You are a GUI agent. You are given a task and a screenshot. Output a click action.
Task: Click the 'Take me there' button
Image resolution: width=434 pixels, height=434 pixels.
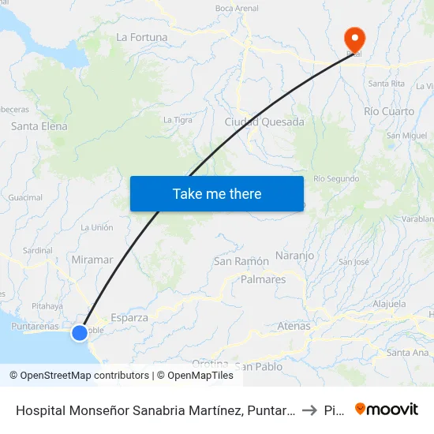tap(217, 193)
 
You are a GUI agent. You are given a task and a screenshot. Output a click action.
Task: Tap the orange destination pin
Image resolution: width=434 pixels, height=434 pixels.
tap(354, 39)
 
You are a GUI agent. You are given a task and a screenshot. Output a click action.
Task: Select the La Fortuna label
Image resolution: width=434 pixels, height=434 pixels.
tap(142, 36)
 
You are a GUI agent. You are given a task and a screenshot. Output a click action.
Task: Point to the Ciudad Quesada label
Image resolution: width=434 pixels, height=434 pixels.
tap(264, 122)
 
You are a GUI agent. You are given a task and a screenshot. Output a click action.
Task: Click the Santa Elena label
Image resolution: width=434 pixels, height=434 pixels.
tap(39, 126)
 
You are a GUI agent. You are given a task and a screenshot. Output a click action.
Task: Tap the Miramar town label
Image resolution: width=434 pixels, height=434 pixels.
tap(92, 260)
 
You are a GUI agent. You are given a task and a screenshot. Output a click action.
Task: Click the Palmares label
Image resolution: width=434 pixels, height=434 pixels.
tap(264, 279)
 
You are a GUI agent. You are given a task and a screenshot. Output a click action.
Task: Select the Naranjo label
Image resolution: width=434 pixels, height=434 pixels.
tap(295, 256)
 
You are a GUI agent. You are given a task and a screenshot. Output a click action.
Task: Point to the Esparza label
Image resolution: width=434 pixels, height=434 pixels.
tap(129, 317)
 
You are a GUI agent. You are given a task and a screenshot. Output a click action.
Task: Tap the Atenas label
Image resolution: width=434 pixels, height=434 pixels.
tap(294, 325)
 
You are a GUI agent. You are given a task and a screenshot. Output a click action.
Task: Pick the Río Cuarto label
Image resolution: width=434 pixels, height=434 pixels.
tap(389, 111)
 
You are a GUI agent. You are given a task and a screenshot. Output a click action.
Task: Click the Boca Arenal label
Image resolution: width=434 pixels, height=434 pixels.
tap(237, 9)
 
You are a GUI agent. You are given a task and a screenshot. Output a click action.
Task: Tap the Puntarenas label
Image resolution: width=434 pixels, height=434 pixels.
tap(35, 326)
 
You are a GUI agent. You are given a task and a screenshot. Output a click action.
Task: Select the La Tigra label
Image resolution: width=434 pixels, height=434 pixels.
tap(177, 120)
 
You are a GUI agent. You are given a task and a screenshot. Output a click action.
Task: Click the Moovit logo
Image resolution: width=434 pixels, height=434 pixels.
tap(387, 409)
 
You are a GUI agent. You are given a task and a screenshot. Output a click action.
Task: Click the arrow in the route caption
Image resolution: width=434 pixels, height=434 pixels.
tap(309, 410)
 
